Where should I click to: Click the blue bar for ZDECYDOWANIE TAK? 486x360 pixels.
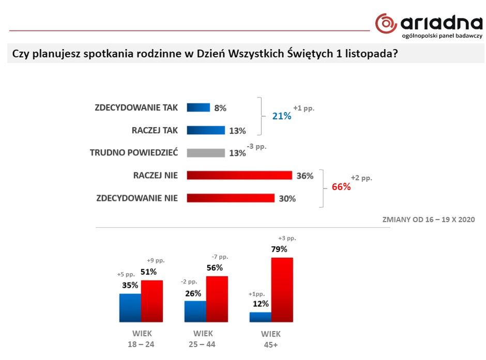pyautogui.click(x=199, y=107)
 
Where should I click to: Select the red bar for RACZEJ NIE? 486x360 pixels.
pyautogui.click(x=239, y=175)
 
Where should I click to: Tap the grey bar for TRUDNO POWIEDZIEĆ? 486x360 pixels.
pyautogui.click(x=206, y=153)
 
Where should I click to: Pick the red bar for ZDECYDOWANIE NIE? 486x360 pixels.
pyautogui.click(x=231, y=198)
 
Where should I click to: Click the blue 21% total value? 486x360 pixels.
pyautogui.click(x=282, y=116)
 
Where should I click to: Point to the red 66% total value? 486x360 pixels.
pyautogui.click(x=341, y=186)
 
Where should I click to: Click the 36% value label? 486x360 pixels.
pyautogui.click(x=305, y=176)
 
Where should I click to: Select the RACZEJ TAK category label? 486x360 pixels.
pyautogui.click(x=155, y=130)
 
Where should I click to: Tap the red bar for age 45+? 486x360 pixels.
pyautogui.click(x=282, y=290)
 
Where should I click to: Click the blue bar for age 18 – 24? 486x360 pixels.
pyautogui.click(x=130, y=308)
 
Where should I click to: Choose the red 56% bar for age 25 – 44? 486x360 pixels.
pyautogui.click(x=217, y=299)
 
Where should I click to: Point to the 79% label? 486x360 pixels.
pyautogui.click(x=279, y=249)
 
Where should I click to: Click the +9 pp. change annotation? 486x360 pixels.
pyautogui.click(x=156, y=261)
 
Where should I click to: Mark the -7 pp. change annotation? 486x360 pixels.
pyautogui.click(x=220, y=257)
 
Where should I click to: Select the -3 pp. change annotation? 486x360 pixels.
pyautogui.click(x=256, y=146)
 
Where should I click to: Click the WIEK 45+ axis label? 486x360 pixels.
pyautogui.click(x=271, y=339)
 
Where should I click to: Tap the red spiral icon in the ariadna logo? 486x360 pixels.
pyautogui.click(x=386, y=23)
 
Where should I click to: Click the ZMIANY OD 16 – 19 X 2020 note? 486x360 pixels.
pyautogui.click(x=428, y=220)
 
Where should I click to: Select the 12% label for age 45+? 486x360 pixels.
pyautogui.click(x=261, y=304)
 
